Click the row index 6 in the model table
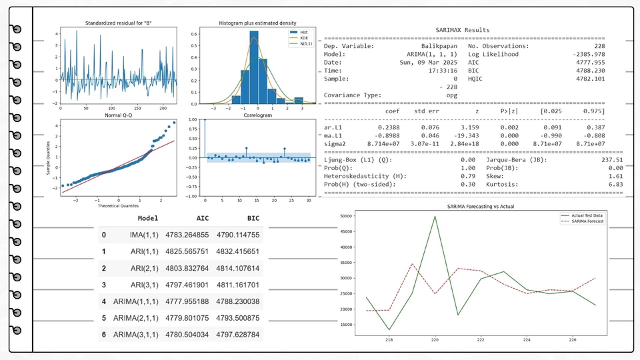(x=103, y=333)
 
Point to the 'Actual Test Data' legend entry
(x=592, y=216)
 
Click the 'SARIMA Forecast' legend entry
(x=591, y=221)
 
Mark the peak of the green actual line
(x=435, y=216)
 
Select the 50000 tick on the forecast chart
(x=345, y=216)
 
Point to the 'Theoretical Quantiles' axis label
(x=119, y=206)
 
